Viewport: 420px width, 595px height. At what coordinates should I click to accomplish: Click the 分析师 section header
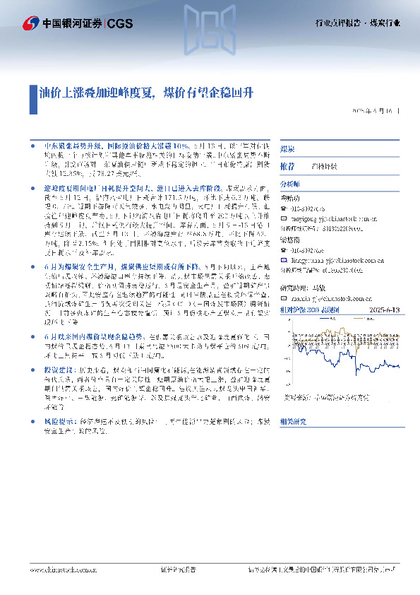coord(290,183)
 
